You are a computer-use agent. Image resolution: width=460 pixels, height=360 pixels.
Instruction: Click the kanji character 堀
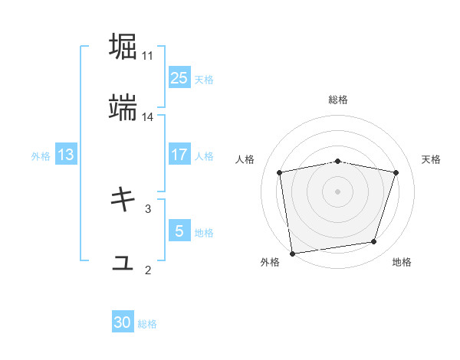click(x=123, y=47)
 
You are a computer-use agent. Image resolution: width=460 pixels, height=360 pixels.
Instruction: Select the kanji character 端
click(x=123, y=109)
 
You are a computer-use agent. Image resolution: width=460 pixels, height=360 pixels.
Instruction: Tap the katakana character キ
click(x=123, y=200)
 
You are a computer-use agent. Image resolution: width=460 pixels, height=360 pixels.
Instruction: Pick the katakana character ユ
click(x=123, y=263)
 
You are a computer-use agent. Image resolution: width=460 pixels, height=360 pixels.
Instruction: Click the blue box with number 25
click(x=179, y=78)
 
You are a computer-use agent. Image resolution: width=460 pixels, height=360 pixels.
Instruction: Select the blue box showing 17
click(x=179, y=155)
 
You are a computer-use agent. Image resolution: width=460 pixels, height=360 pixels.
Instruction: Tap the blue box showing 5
click(x=179, y=231)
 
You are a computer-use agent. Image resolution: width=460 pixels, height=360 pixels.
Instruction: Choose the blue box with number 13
click(x=66, y=155)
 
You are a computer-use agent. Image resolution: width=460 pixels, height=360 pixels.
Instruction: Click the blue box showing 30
click(x=123, y=323)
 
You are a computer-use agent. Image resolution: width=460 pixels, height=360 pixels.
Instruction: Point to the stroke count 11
click(x=148, y=56)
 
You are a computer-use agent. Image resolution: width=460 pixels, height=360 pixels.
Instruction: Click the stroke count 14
click(x=148, y=117)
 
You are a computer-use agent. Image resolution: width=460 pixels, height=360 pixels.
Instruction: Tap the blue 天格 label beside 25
click(x=204, y=79)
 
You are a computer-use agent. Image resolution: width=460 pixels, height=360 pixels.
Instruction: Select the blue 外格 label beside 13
click(x=41, y=155)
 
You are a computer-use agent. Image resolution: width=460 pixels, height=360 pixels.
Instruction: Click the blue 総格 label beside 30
click(x=147, y=324)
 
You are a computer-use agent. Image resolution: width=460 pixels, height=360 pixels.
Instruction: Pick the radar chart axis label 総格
click(x=338, y=100)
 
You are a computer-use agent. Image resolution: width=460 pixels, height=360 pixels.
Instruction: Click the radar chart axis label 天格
click(x=431, y=159)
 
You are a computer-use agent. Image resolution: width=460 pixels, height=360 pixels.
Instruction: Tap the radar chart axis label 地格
click(x=402, y=262)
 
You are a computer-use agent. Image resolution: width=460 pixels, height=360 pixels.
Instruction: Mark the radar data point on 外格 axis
click(x=292, y=253)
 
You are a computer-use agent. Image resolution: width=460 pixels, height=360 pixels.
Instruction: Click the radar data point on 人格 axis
click(x=280, y=172)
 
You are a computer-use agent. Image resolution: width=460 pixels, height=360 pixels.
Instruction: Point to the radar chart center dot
click(x=338, y=191)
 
